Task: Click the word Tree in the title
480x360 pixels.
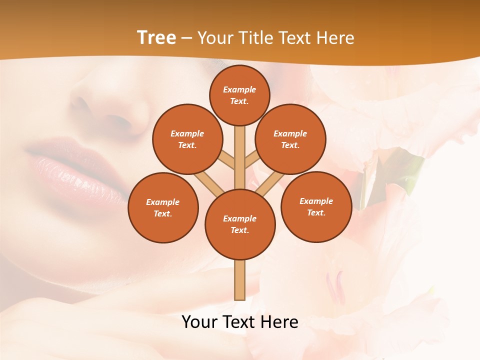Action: click(156, 38)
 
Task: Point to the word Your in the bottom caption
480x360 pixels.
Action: click(200, 322)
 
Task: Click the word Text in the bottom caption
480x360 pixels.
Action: click(239, 322)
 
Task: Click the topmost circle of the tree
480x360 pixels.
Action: click(239, 95)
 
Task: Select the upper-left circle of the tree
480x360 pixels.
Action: click(187, 139)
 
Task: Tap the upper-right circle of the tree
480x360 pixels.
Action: click(290, 139)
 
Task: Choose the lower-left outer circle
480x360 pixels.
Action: click(163, 207)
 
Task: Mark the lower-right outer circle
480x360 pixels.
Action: click(316, 206)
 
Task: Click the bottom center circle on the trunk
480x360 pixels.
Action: click(240, 224)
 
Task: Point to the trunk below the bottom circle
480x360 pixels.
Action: click(240, 280)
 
